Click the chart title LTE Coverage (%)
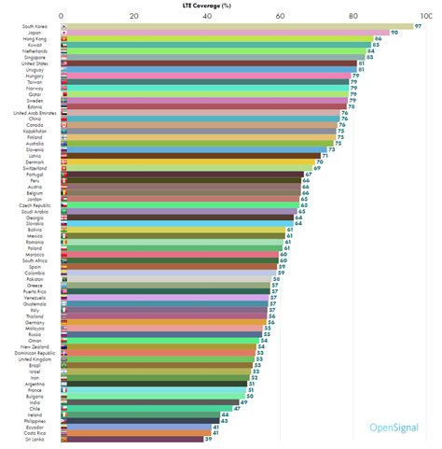(221, 5)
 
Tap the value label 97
(419, 26)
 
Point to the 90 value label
(394, 33)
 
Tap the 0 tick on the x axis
(62, 16)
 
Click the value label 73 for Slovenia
(331, 148)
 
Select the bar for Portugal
(183, 173)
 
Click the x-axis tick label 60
(280, 16)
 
